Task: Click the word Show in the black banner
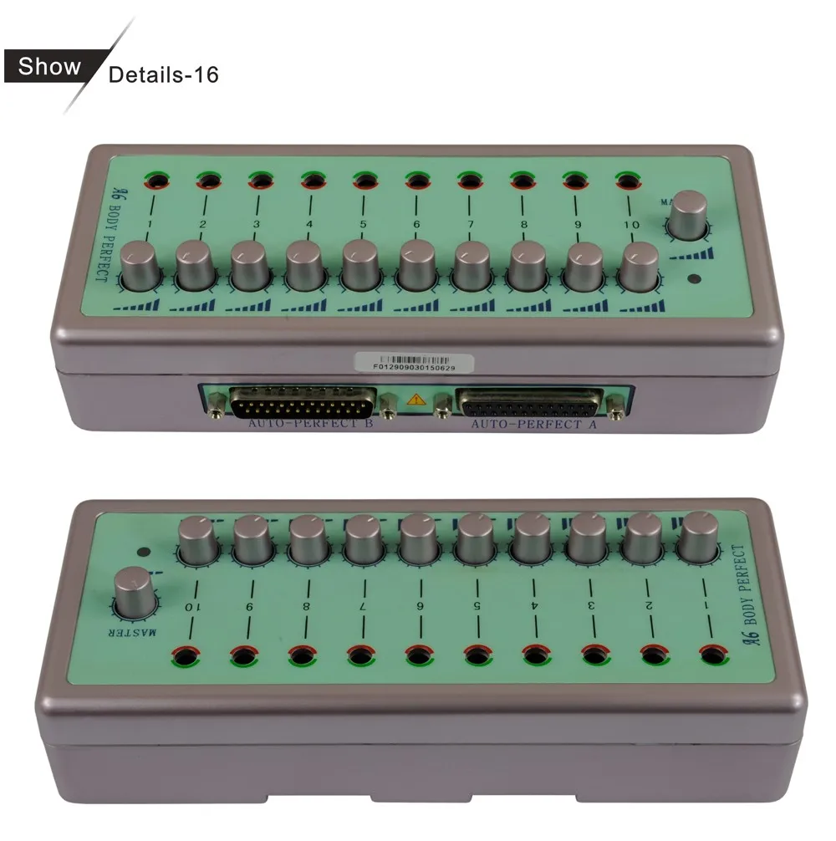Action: pyautogui.click(x=50, y=67)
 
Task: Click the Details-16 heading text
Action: pyautogui.click(x=164, y=74)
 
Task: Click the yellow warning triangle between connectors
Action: pyautogui.click(x=415, y=400)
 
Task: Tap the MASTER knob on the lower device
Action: pyautogui.click(x=135, y=590)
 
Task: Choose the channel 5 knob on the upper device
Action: pyautogui.click(x=362, y=265)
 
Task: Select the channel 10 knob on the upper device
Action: pyautogui.click(x=640, y=265)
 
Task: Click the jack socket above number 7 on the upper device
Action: pyautogui.click(x=469, y=180)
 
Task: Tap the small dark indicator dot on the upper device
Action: pyautogui.click(x=693, y=280)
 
